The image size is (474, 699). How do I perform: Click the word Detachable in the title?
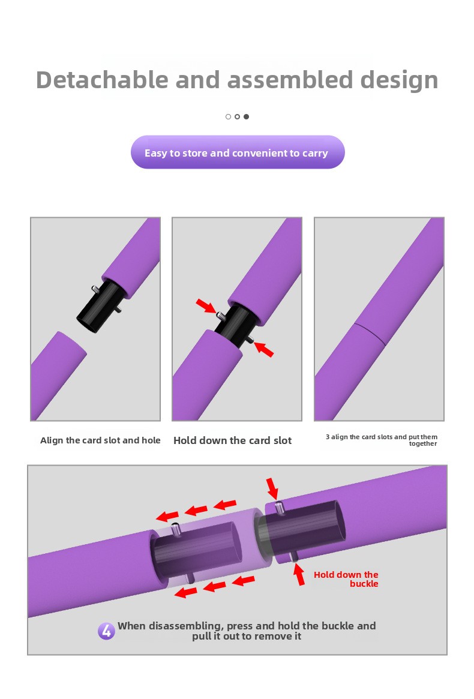(x=102, y=80)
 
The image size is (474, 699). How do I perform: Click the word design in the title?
(x=399, y=81)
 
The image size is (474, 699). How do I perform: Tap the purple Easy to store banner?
(x=237, y=152)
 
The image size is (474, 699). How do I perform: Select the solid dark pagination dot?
(x=246, y=117)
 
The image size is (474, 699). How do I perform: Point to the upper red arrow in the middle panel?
(x=206, y=305)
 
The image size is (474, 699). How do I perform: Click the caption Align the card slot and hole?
(x=100, y=440)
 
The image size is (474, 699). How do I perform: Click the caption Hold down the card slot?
(x=232, y=440)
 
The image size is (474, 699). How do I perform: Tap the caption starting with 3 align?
(x=382, y=440)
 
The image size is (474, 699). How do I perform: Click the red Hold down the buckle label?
(x=346, y=579)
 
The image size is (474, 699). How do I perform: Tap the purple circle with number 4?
(x=106, y=631)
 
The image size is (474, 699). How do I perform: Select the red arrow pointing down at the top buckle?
(x=272, y=488)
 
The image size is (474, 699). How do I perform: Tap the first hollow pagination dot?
(x=229, y=117)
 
